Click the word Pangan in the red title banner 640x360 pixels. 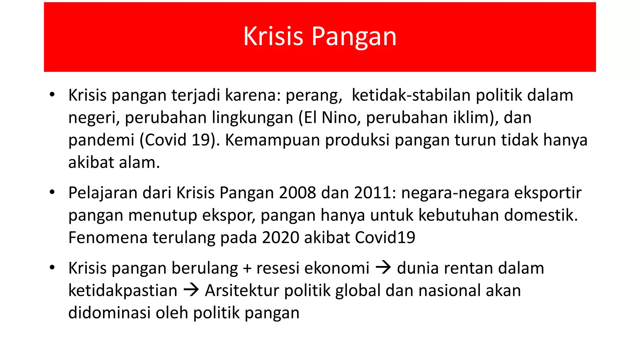pyautogui.click(x=354, y=37)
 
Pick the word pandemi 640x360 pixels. pyautogui.click(x=101, y=140)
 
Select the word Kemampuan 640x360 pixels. pyautogui.click(x=272, y=140)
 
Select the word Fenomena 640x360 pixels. pyautogui.click(x=108, y=237)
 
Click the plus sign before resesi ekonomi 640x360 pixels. pyautogui.click(x=247, y=268)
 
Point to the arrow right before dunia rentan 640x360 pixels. pyautogui.click(x=383, y=268)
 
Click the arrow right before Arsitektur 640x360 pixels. pyautogui.click(x=191, y=290)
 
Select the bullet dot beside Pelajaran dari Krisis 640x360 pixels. pyautogui.click(x=52, y=192)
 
